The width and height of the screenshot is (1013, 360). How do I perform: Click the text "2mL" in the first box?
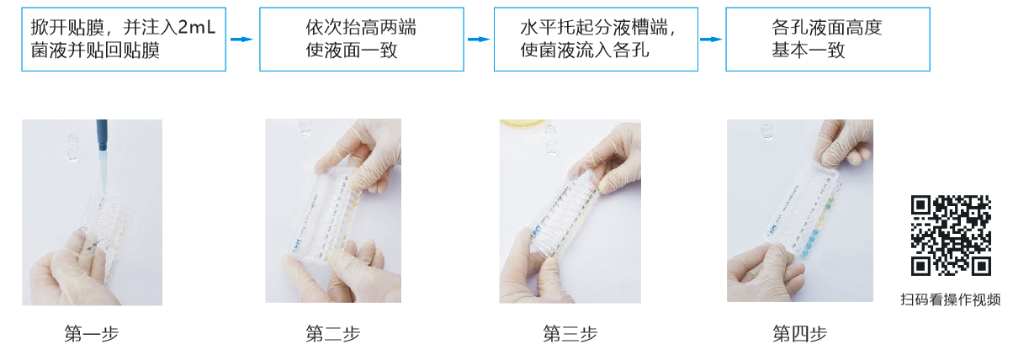click(x=196, y=28)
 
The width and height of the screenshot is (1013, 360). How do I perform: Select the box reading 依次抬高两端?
click(x=361, y=40)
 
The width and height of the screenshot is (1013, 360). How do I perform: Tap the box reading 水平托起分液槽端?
click(x=596, y=40)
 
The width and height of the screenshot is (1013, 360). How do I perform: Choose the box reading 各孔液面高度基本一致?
click(x=828, y=40)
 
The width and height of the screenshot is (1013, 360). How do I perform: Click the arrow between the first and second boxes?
click(x=241, y=40)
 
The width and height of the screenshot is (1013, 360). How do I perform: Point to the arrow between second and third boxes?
click(x=479, y=40)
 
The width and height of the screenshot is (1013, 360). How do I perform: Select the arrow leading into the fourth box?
click(x=711, y=40)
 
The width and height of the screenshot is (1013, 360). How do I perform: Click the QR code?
click(x=951, y=236)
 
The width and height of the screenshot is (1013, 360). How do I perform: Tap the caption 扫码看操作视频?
click(x=950, y=299)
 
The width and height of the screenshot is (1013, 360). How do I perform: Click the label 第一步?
click(x=92, y=334)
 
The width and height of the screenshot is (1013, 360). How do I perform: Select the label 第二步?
click(x=332, y=334)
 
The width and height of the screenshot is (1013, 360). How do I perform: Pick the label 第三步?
click(x=570, y=334)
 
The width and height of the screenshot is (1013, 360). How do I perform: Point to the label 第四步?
click(x=799, y=334)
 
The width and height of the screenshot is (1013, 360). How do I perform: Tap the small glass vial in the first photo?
click(x=73, y=147)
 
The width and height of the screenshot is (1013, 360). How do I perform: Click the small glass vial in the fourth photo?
click(x=767, y=131)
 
